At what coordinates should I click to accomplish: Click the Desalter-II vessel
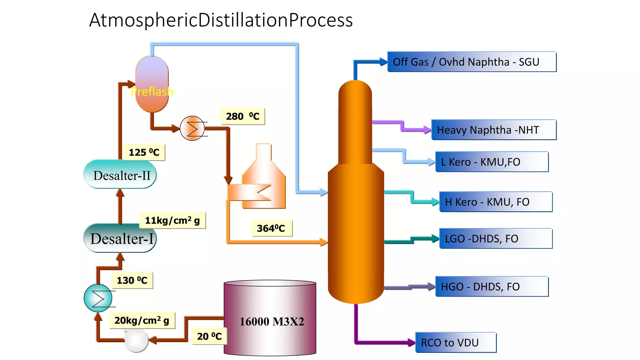click(120, 175)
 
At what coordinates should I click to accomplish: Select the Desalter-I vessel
click(120, 238)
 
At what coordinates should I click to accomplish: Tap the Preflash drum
click(152, 84)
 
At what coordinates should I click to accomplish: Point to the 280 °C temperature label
click(243, 117)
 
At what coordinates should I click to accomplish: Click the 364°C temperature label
click(271, 228)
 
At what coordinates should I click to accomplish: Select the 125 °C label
click(144, 152)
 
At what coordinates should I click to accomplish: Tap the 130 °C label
click(132, 280)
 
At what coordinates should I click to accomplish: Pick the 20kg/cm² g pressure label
click(142, 320)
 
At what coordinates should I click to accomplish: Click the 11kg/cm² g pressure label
click(172, 220)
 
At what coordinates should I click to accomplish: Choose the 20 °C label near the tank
click(209, 336)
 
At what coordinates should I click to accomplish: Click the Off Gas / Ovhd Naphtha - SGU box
click(472, 62)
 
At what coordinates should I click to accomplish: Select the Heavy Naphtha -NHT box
click(493, 130)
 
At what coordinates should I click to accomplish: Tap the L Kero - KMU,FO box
click(492, 162)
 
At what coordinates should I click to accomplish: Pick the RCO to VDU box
click(456, 342)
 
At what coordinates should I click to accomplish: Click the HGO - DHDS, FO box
click(492, 287)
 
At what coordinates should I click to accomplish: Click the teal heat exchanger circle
click(98, 298)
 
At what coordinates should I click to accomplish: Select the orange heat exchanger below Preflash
click(192, 128)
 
